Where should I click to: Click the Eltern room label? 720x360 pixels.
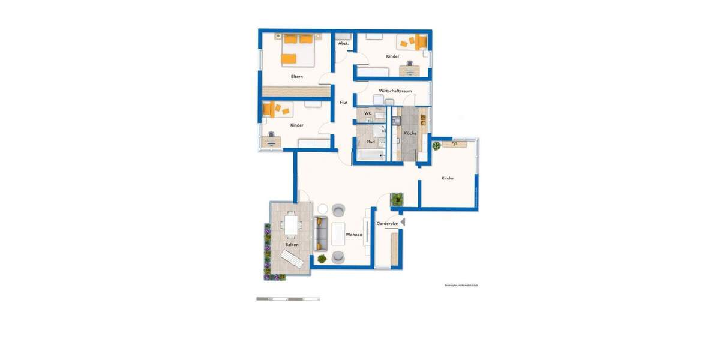click(x=296, y=76)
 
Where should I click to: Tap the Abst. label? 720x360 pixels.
click(x=343, y=44)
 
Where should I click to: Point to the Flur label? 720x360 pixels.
click(x=344, y=103)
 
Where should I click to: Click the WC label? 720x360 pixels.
click(x=368, y=113)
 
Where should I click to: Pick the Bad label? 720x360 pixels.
click(x=371, y=142)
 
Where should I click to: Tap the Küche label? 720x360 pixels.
click(x=410, y=133)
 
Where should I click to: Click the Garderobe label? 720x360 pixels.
click(x=387, y=223)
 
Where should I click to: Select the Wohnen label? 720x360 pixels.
click(x=354, y=235)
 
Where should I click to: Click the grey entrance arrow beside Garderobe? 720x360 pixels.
click(x=403, y=222)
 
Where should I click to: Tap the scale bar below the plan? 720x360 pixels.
click(x=288, y=299)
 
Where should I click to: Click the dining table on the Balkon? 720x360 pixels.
click(x=292, y=225)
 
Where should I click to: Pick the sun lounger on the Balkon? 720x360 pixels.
click(x=292, y=260)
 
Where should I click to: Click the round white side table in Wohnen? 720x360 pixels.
click(x=322, y=209)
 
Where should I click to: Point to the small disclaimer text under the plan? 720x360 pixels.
click(x=461, y=286)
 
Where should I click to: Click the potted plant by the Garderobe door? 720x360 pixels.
click(x=397, y=199)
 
